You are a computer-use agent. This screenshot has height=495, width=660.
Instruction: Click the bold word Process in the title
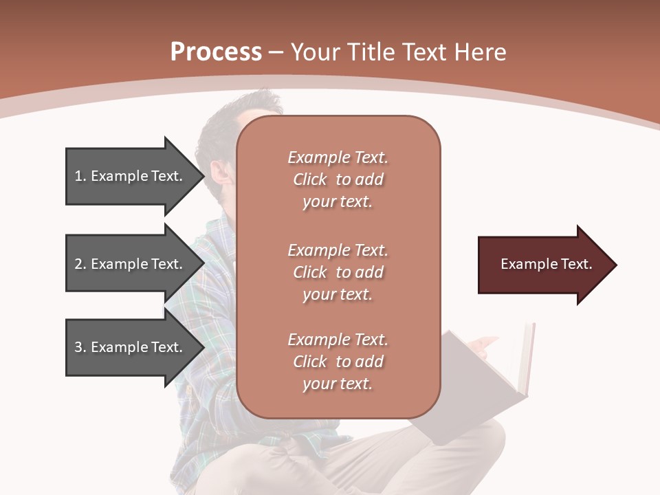(x=216, y=52)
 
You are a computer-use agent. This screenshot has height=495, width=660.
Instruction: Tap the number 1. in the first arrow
(x=80, y=176)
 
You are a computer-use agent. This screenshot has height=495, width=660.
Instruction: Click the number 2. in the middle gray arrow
(x=80, y=264)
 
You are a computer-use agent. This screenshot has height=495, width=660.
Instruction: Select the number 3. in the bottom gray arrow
(x=80, y=347)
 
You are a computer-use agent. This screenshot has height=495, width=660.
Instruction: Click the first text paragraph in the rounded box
(x=338, y=179)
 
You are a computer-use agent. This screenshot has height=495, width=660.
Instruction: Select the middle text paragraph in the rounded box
(x=338, y=272)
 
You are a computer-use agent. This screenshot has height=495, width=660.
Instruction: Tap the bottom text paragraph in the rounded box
(x=338, y=362)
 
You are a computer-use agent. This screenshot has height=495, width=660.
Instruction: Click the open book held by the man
(x=481, y=385)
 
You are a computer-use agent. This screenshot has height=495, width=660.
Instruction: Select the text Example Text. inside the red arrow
(x=546, y=264)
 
